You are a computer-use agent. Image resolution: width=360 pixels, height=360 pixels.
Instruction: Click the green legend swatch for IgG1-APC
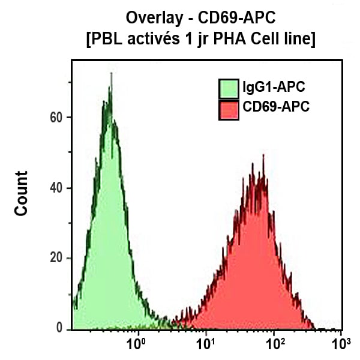pos(229,88)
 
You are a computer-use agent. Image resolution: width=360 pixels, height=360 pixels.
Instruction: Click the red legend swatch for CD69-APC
pos(229,109)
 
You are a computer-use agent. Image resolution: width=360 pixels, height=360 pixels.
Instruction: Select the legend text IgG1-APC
pos(274,88)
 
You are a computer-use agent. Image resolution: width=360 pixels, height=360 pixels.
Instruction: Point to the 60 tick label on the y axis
pos(56,118)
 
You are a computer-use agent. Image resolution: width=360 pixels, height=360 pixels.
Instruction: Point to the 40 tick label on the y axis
pos(56,188)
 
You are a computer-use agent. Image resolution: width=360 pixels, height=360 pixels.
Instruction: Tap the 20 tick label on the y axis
pos(56,259)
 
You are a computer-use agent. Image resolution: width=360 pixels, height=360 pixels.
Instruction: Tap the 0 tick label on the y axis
pos(59,329)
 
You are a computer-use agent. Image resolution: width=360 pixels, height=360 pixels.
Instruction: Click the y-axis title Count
pos(22,193)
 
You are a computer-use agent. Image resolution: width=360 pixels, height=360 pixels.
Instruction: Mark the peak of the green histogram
pos(111,74)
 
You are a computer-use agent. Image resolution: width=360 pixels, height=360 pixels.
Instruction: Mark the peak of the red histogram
pos(263,155)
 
